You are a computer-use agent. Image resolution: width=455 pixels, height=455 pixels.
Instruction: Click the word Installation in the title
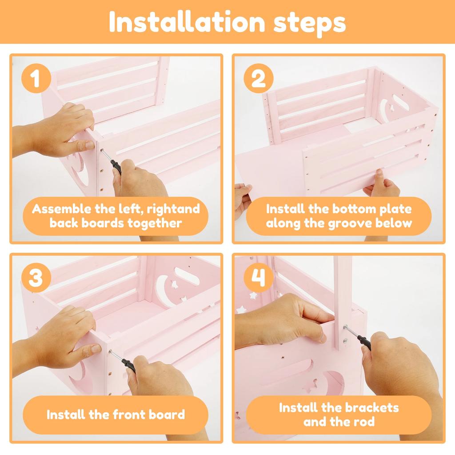[x=187, y=22]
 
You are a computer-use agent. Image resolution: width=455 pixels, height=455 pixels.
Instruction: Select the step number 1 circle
[x=36, y=78]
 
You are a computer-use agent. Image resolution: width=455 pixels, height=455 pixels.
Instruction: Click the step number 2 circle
[x=258, y=78]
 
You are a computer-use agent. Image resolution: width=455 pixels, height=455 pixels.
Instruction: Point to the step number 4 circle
[x=258, y=277]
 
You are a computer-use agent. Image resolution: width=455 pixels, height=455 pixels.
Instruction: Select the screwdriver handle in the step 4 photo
[x=365, y=343]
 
